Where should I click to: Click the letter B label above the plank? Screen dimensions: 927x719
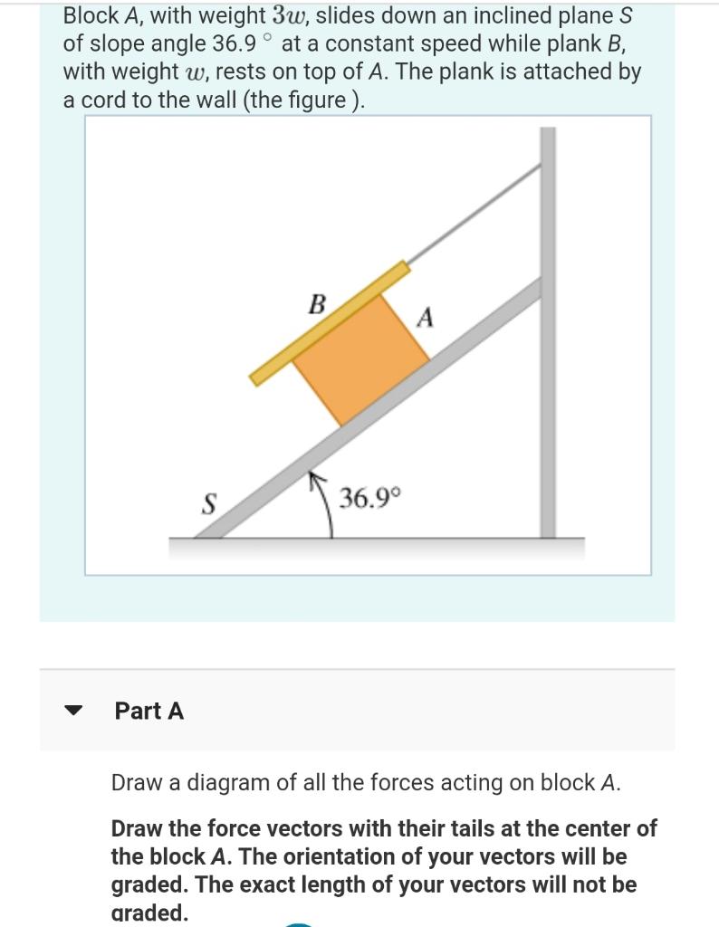(x=317, y=304)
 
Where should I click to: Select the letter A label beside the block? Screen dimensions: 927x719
(x=426, y=319)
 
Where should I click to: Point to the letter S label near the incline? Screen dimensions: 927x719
(x=207, y=504)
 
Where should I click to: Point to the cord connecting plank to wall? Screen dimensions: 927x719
(x=471, y=216)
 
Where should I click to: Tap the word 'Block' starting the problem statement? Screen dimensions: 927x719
(x=90, y=15)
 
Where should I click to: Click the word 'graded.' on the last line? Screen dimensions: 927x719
(x=149, y=913)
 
